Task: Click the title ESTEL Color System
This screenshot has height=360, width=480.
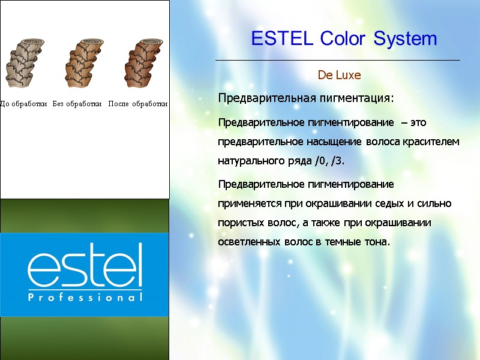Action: tap(344, 39)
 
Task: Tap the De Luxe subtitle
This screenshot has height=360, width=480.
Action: tap(339, 76)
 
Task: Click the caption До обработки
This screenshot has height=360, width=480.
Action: tap(23, 104)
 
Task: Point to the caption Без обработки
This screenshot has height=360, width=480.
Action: tap(77, 104)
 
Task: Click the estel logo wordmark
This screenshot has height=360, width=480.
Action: tap(85, 266)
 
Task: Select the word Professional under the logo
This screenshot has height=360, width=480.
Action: tap(85, 297)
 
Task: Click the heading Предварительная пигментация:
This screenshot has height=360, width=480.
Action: tap(306, 98)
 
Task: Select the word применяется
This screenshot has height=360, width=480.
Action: tap(248, 203)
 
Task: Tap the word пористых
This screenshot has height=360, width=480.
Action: tap(239, 223)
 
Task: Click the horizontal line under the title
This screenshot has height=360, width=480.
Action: tap(337, 61)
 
